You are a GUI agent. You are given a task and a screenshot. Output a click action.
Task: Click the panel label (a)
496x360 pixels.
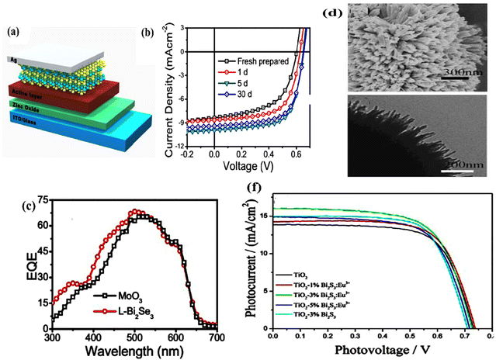point(13,33)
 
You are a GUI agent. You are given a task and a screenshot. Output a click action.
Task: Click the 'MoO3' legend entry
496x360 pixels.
point(146,295)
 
